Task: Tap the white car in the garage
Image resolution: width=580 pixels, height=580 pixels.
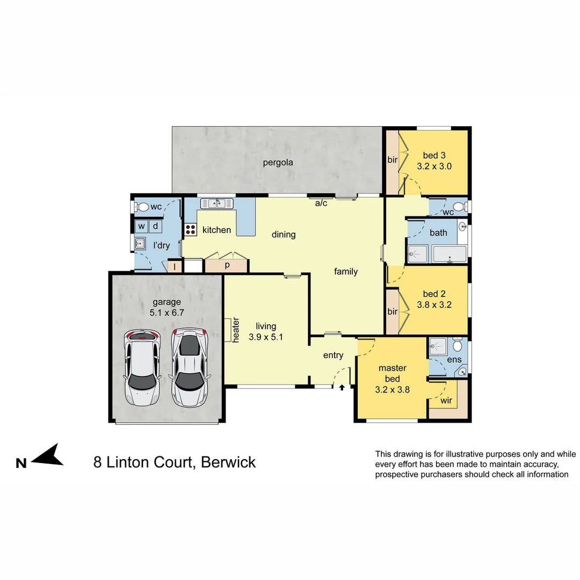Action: [142, 368]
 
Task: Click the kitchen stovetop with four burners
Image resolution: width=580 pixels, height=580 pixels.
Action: [191, 230]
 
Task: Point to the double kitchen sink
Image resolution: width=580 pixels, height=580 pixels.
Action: [216, 203]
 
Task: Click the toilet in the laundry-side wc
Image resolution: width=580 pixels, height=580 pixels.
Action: [142, 207]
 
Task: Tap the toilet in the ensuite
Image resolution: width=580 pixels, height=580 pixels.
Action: [457, 343]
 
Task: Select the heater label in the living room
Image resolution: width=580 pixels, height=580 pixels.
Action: [235, 330]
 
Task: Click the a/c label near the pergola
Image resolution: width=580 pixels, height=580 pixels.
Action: [321, 203]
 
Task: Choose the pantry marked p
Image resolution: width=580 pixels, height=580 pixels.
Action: [227, 265]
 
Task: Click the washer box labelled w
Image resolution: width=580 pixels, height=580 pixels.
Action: [142, 226]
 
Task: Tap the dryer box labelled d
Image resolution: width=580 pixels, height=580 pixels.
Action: [155, 226]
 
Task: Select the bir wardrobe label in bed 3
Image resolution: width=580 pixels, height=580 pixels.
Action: [393, 160]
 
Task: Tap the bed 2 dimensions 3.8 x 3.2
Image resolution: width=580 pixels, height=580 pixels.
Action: [434, 305]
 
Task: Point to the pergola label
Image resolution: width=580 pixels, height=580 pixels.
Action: [278, 162]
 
